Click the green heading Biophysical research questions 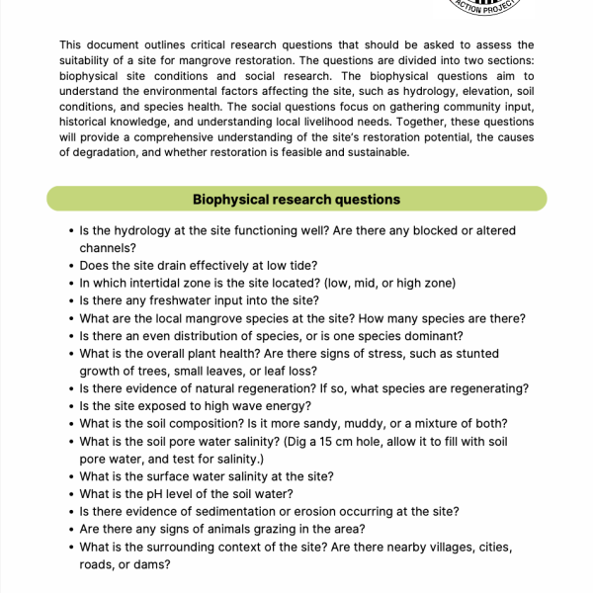296,199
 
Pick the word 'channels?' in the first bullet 108,247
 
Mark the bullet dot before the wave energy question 71,407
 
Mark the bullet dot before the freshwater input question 71,300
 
